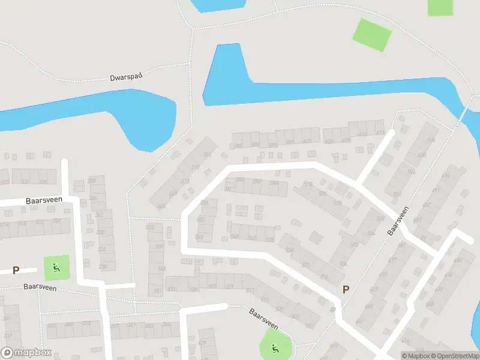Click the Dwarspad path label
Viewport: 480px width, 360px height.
click(x=124, y=77)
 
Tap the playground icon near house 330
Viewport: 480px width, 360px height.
click(x=56, y=267)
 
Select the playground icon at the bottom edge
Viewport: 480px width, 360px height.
click(x=275, y=346)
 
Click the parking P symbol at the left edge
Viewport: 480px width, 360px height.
click(x=16, y=270)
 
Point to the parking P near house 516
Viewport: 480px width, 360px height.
click(x=346, y=289)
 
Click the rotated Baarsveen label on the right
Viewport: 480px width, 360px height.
click(x=398, y=221)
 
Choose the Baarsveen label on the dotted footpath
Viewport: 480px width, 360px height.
click(x=40, y=287)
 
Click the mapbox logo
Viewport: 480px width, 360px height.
click(x=26, y=353)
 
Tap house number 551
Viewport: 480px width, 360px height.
click(x=158, y=291)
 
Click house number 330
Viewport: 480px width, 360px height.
click(x=103, y=267)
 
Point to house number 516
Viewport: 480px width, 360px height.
click(x=324, y=277)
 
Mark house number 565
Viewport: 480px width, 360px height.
click(x=161, y=206)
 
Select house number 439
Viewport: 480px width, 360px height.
click(x=202, y=343)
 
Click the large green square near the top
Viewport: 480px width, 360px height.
click(x=372, y=34)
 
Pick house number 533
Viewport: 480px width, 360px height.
click(x=269, y=239)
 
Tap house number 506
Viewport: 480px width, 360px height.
click(x=343, y=264)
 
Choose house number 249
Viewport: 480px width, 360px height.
click(x=70, y=325)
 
